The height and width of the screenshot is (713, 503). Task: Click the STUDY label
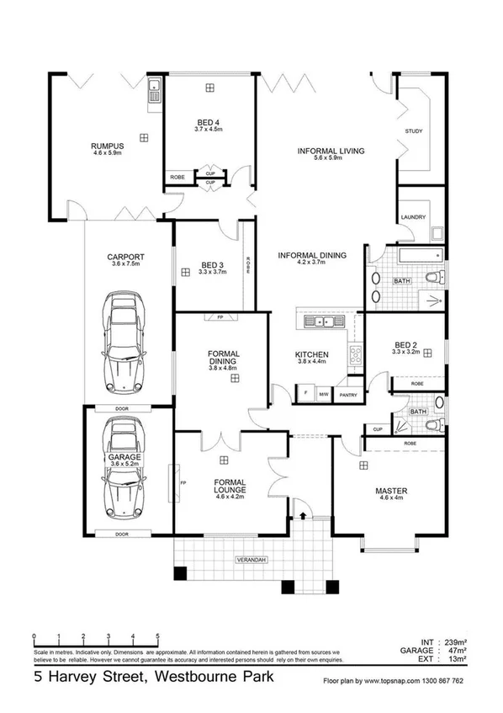[x=413, y=131]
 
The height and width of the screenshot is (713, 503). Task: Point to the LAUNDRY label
[x=413, y=216]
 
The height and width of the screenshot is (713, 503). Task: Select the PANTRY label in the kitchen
[x=346, y=393]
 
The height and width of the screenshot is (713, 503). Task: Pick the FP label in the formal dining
[x=220, y=318]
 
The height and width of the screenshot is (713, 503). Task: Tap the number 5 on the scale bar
[x=157, y=636]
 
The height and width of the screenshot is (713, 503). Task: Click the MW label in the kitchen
[x=324, y=393]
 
